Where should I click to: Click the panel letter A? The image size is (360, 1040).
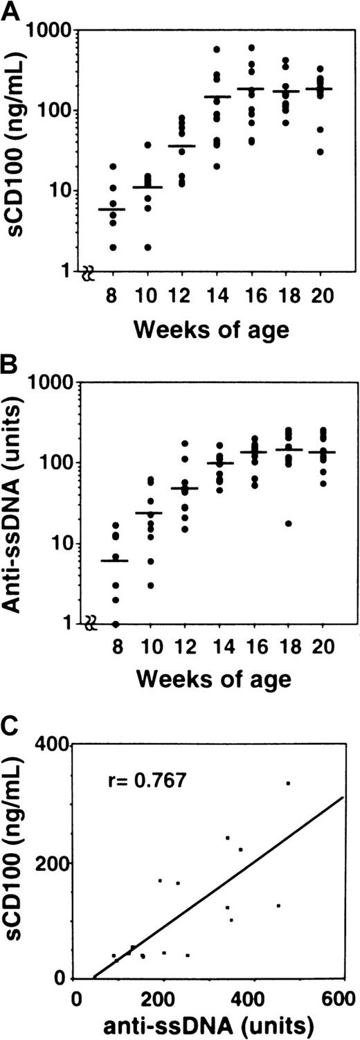click(x=9, y=11)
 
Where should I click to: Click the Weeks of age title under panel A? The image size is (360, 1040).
click(x=213, y=330)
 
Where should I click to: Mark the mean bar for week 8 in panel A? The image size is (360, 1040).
click(x=111, y=209)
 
